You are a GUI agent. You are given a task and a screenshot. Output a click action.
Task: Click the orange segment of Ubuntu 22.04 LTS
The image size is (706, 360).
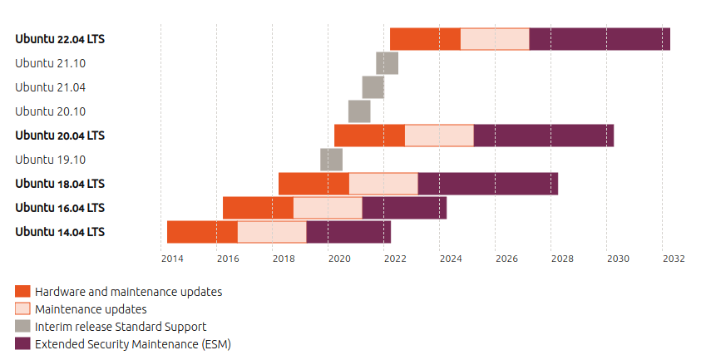pos(425,39)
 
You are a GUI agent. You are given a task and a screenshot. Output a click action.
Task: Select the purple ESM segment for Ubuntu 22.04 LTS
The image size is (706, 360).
pos(600,39)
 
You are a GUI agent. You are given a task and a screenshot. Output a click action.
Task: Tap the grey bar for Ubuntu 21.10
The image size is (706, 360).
pos(387,63)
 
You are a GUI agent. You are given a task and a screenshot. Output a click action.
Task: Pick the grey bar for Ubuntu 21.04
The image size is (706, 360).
pos(373,87)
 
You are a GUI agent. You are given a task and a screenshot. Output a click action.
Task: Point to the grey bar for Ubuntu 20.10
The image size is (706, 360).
pos(359,111)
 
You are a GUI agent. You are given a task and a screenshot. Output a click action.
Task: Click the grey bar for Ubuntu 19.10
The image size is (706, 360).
pos(331,160)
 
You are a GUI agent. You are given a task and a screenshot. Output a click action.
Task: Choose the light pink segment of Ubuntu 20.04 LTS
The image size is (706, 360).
pos(439,136)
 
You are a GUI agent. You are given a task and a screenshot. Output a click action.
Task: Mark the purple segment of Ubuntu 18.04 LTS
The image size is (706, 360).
pos(487,184)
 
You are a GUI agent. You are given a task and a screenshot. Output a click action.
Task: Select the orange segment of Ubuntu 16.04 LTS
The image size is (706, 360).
pos(258,208)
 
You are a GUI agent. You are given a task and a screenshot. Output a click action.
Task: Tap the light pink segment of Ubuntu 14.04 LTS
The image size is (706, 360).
pos(272,232)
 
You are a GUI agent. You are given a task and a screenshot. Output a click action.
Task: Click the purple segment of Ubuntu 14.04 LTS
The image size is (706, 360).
pos(348,232)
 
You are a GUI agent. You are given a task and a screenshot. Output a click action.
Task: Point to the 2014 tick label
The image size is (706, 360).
pos(172,259)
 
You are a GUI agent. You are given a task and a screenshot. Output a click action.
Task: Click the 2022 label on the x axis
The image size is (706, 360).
pos(395,259)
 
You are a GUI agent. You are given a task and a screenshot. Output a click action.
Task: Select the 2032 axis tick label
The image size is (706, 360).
pos(674,259)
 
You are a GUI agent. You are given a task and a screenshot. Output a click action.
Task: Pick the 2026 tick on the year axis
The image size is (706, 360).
pos(506,259)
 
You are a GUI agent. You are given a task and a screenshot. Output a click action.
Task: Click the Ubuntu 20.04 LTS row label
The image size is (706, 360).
pos(60,136)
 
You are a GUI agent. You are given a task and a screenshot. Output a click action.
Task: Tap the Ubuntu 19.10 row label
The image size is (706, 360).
pos(51,160)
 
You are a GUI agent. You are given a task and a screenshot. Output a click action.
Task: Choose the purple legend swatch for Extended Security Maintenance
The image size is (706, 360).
pos(22,343)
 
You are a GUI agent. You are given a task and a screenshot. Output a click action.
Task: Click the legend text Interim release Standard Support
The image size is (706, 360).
pos(121,327)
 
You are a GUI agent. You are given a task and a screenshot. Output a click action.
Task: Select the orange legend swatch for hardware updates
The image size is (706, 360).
pos(22,292)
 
